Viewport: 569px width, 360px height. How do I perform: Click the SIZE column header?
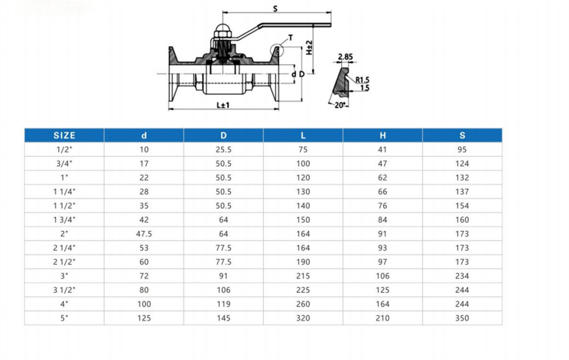coord(64,135)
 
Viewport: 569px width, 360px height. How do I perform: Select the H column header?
coord(382,135)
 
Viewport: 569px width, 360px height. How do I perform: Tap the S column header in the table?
coord(462,135)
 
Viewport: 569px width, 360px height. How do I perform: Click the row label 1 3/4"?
coord(64,220)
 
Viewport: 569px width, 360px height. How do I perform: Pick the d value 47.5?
coord(144,234)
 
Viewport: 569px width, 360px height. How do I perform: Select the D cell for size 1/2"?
coord(223,150)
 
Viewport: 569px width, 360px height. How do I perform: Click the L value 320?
coord(303,318)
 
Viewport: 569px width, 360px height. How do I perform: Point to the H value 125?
coord(382,290)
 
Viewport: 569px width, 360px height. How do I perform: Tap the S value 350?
coord(462,318)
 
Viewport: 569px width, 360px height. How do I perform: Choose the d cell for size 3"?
coord(144,276)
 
